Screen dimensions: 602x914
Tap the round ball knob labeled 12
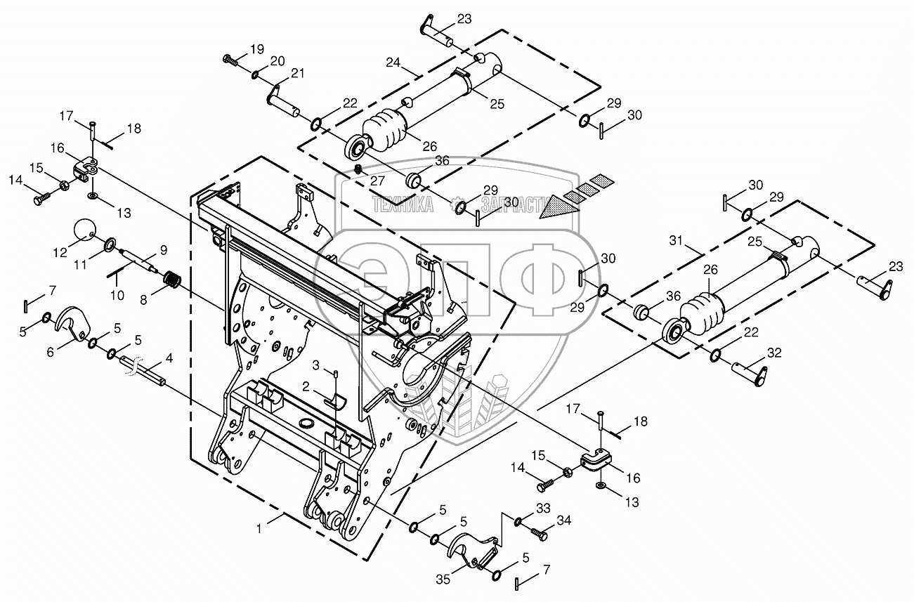coord(85,229)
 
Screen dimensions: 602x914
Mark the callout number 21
coord(298,74)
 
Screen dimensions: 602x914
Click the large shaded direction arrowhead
coord(560,204)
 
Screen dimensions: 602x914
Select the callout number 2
coord(306,386)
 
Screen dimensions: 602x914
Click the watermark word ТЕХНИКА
coord(403,206)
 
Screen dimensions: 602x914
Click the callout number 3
coord(316,365)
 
